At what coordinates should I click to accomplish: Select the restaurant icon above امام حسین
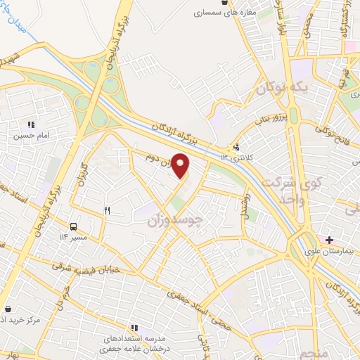30,124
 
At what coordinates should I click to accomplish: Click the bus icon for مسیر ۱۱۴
73,226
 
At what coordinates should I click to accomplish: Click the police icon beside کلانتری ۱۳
237,148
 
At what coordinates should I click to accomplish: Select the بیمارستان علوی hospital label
326,251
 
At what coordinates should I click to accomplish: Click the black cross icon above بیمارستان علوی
329,240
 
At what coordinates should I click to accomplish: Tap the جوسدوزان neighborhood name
174,220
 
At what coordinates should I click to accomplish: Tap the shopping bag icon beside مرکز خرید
8,308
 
